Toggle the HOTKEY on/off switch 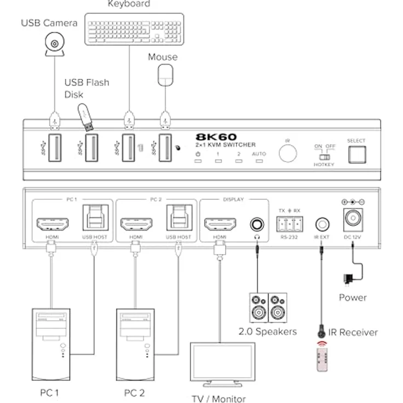pyautogui.click(x=325, y=157)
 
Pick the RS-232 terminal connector pyautogui.click(x=289, y=224)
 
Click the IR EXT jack pyautogui.click(x=322, y=224)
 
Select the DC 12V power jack pyautogui.click(x=353, y=219)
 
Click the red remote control pyautogui.click(x=325, y=359)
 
